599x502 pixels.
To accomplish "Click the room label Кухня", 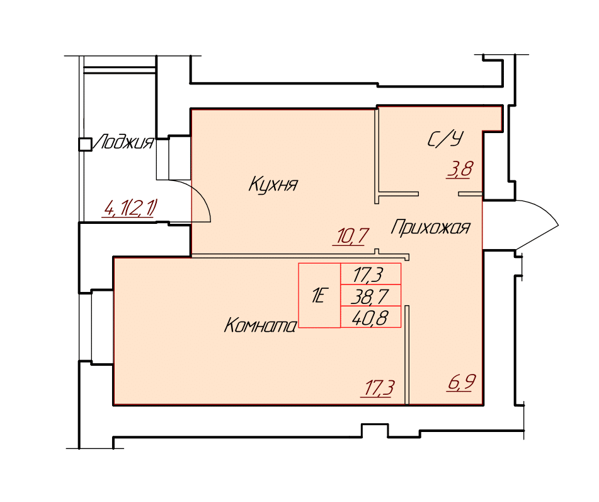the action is [273, 184].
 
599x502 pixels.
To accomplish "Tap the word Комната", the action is [260, 326].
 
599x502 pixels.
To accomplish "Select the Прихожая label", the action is [431, 227].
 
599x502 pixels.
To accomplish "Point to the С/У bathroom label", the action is [445, 139].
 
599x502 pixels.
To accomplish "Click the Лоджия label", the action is [123, 143].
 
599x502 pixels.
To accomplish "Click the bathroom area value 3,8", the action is [460, 169].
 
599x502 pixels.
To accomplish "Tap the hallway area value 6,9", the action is [462, 382].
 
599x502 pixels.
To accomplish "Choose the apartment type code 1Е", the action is [319, 296].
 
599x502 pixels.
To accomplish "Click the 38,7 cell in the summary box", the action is [370, 296].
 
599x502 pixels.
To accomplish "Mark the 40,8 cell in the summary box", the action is [370, 318].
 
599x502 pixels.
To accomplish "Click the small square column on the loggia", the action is [85, 144].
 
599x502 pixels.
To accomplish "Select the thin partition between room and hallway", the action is [408, 354].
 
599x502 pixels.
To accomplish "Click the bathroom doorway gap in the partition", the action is [438, 194].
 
